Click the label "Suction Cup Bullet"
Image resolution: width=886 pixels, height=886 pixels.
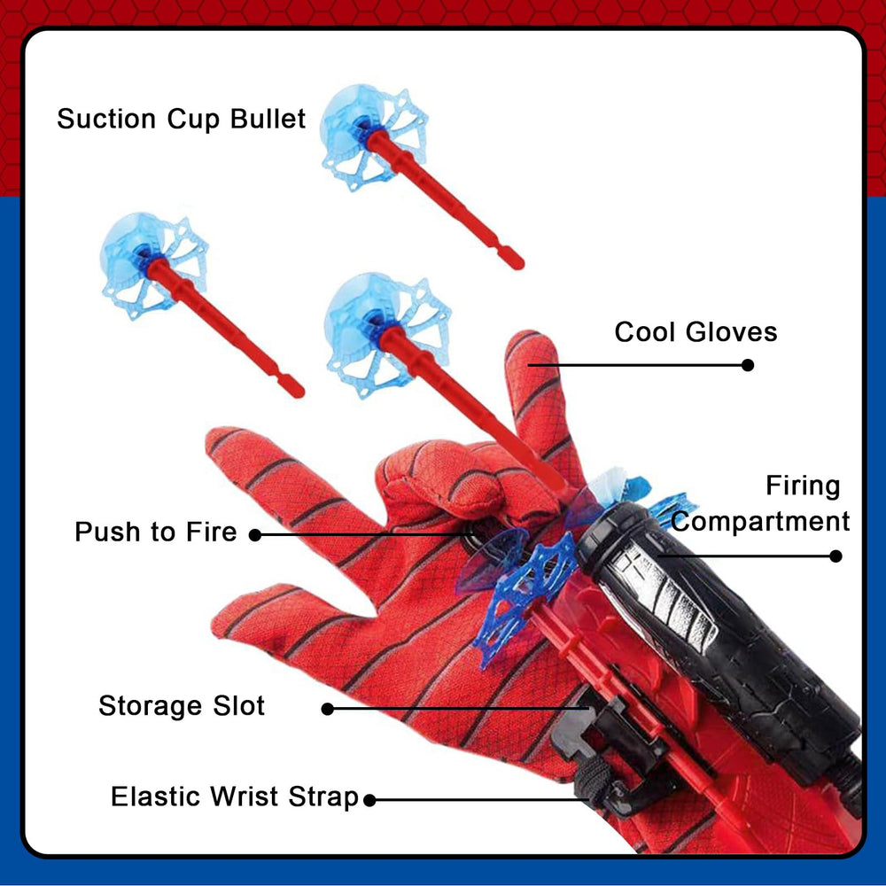pos(181,120)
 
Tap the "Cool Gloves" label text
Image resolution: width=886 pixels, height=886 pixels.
pos(696,331)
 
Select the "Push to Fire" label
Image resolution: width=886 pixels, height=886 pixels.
pos(155,532)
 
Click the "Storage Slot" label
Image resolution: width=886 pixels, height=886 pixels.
pos(182,706)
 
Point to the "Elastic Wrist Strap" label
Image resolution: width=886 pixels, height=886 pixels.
pos(235,797)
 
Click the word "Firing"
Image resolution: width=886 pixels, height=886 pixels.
pos(803,486)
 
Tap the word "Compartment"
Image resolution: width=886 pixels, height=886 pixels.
pos(760,522)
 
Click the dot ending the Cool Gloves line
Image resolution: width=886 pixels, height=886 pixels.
pos(748,365)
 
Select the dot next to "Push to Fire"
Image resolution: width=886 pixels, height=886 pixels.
pos(255,534)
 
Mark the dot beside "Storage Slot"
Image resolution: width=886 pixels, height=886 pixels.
pos(327,709)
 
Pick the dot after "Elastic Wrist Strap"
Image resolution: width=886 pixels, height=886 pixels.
pos(369,800)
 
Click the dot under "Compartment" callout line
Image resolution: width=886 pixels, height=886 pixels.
pos(835,556)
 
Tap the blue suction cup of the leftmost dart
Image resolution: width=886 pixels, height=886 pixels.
pos(153,264)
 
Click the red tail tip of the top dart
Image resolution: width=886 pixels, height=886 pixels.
pos(516,262)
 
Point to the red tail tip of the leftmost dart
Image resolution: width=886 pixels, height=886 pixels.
pos(296,390)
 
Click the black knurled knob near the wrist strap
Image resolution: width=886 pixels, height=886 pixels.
pos(589,779)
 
